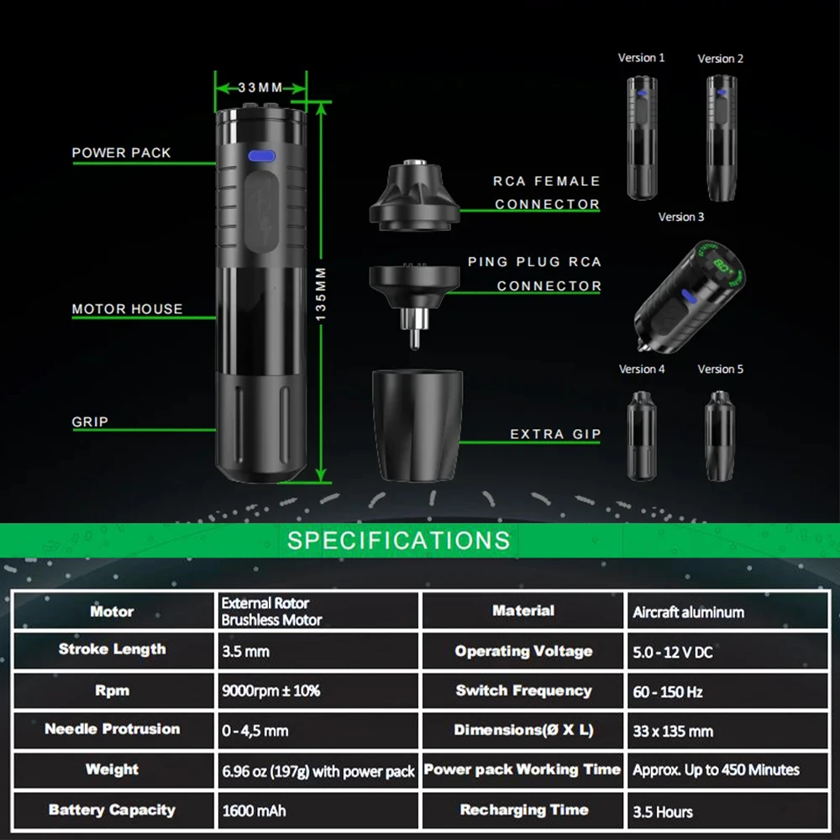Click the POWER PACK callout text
121,153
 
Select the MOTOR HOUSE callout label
127,309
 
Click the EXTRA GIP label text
555,434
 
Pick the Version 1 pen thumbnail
641,138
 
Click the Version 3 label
681,217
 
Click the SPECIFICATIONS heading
398,539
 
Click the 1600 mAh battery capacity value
255,811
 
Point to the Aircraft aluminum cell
688,612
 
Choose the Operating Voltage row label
523,651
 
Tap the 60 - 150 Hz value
668,692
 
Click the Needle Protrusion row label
112,729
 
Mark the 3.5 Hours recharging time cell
663,811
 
